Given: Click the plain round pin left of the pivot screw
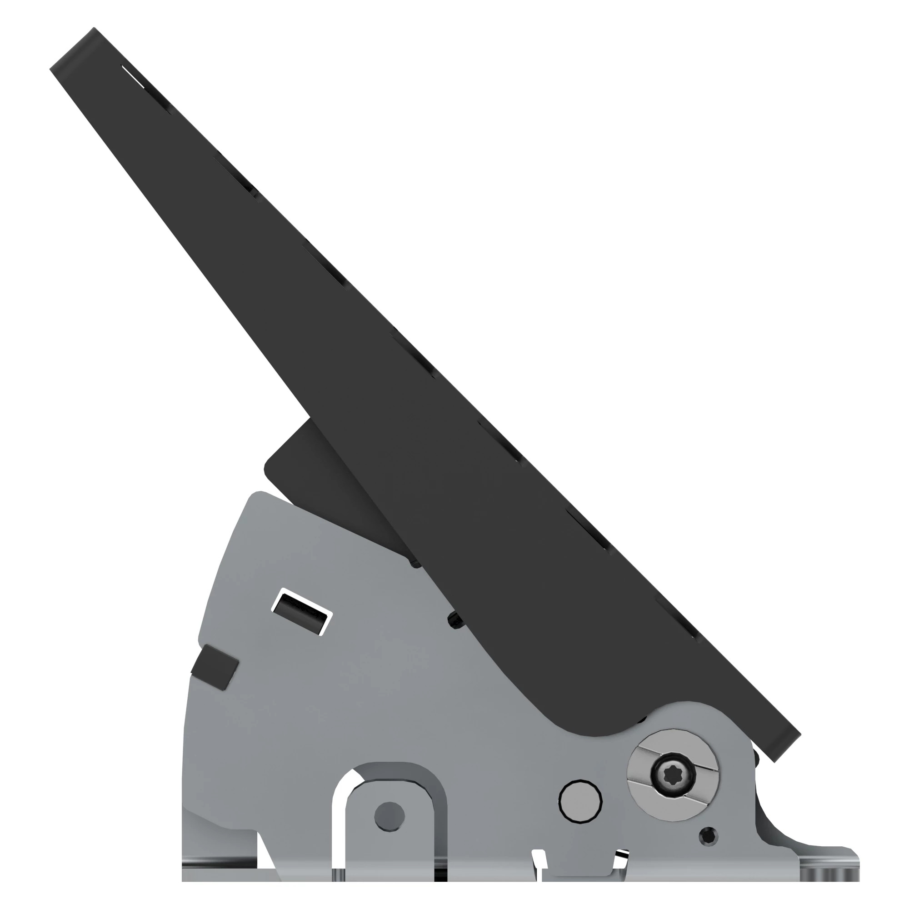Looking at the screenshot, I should click(x=580, y=801).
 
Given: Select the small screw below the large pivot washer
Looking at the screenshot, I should click(x=708, y=836).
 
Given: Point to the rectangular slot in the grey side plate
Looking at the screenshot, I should click(x=302, y=612).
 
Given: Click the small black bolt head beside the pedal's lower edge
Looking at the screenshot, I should click(x=454, y=621).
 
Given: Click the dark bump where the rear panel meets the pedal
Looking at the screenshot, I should click(x=416, y=563).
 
